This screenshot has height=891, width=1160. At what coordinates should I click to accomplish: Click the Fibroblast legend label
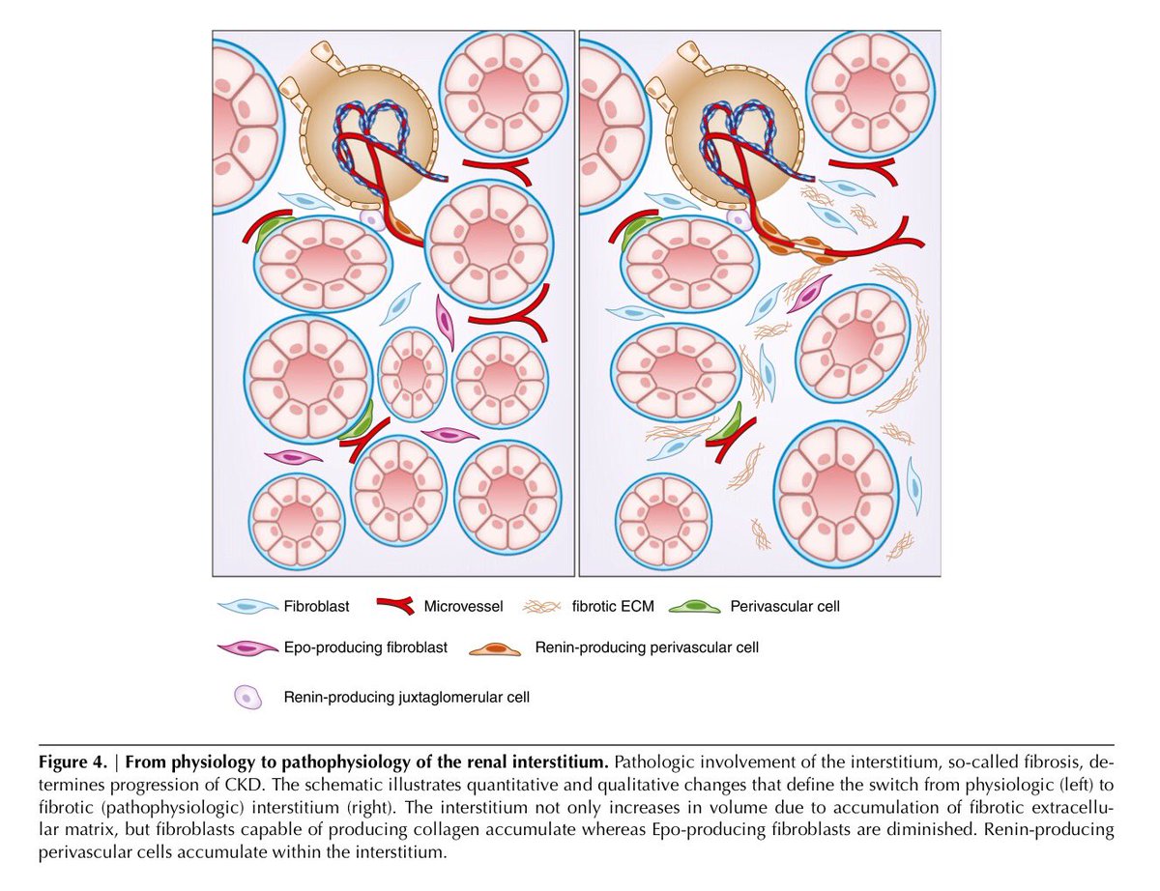(x=317, y=607)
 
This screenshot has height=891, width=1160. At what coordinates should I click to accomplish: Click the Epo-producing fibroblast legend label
(x=365, y=647)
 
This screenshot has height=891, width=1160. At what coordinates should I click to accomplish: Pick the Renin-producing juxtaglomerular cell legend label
(x=406, y=696)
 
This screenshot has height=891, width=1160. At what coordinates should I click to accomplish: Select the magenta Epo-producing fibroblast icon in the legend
(x=247, y=647)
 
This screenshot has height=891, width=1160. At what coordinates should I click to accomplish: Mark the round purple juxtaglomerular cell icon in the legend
(x=247, y=696)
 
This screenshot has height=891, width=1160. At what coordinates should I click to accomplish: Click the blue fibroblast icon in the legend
(x=247, y=607)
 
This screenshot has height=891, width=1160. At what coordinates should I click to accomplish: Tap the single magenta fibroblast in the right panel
(x=808, y=293)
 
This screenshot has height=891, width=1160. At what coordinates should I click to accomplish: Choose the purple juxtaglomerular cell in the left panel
(x=372, y=220)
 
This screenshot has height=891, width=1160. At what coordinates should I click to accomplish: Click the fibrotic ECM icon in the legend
(x=541, y=607)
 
